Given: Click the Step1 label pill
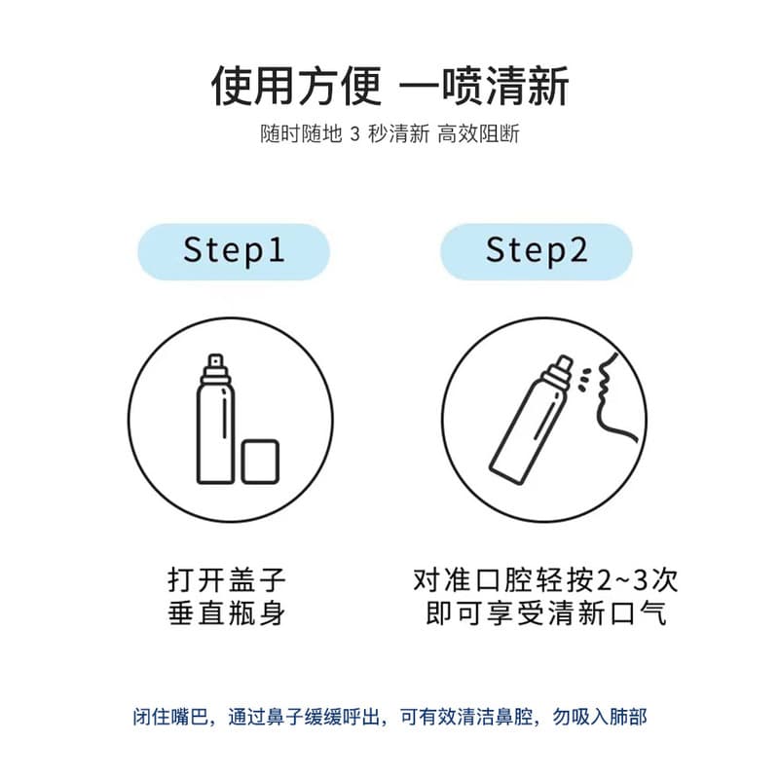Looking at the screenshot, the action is tap(234, 252).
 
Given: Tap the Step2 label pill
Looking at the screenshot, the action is tap(537, 252).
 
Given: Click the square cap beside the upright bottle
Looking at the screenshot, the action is tap(260, 462).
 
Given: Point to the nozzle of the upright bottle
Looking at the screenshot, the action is tap(215, 361).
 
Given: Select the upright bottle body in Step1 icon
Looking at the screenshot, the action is tap(215, 431).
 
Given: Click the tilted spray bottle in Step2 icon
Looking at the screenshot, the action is tap(531, 421).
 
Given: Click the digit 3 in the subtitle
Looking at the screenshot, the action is tap(354, 134).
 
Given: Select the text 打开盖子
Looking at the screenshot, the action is tap(227, 579).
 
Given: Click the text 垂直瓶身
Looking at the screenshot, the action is tap(227, 612).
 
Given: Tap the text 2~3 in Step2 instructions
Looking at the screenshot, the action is tap(623, 579).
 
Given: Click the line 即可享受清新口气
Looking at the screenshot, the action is tap(545, 612).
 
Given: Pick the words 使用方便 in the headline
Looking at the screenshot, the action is tap(297, 87).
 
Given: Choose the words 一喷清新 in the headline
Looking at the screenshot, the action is tap(484, 87).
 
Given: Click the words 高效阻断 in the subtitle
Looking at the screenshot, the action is tap(478, 134).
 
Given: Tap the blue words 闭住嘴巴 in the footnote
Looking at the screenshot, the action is tap(170, 717).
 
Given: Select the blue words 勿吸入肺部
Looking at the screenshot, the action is tap(600, 717).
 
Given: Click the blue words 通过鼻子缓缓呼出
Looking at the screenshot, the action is tap(304, 717).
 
